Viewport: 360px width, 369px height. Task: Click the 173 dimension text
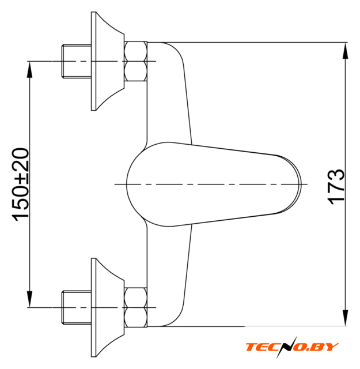(336, 187)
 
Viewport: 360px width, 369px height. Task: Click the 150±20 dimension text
(20, 184)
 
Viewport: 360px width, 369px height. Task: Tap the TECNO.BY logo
(292, 347)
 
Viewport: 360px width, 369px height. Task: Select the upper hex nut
(136, 62)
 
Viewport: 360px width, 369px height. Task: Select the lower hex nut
(136, 307)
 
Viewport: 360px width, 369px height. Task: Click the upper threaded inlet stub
(77, 61)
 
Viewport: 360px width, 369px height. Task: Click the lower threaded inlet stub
(77, 307)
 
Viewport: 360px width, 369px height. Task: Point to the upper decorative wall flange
(107, 61)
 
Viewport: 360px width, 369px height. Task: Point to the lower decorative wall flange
(107, 307)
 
